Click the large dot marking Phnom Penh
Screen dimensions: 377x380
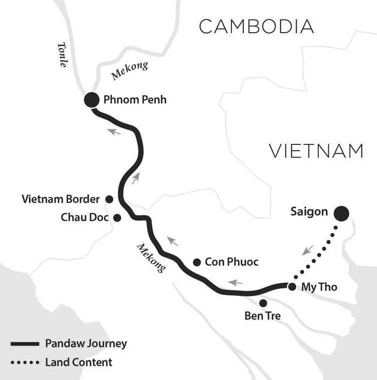(x=92, y=100)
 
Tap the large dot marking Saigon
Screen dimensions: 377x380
(x=341, y=213)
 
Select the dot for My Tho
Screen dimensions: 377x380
(x=292, y=287)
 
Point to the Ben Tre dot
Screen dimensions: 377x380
(x=263, y=303)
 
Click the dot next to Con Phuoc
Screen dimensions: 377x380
(x=197, y=262)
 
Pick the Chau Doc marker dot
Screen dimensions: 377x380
(x=117, y=218)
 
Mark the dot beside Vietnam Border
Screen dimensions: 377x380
(x=109, y=199)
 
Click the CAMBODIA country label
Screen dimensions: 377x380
(x=256, y=27)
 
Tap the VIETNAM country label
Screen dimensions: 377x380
(x=316, y=151)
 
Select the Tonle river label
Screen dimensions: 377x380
(x=63, y=55)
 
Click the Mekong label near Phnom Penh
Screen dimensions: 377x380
(x=130, y=71)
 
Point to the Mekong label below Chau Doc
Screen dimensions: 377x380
(x=152, y=258)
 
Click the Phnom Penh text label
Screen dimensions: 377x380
(x=135, y=100)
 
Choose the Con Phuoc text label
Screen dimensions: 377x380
(x=232, y=262)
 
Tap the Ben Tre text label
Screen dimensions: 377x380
(x=262, y=316)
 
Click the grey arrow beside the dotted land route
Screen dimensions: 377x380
(x=307, y=250)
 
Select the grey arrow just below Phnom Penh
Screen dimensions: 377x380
(x=114, y=131)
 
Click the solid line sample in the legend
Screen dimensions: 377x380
(x=25, y=343)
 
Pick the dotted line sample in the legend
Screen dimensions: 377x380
(x=25, y=362)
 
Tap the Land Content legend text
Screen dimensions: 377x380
(x=79, y=362)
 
